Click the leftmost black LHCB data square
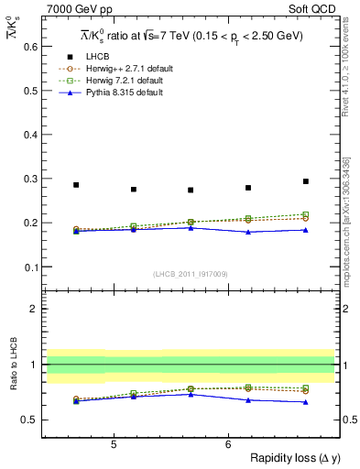[76, 185]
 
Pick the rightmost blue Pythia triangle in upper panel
[306, 230]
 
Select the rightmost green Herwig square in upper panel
[306, 214]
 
